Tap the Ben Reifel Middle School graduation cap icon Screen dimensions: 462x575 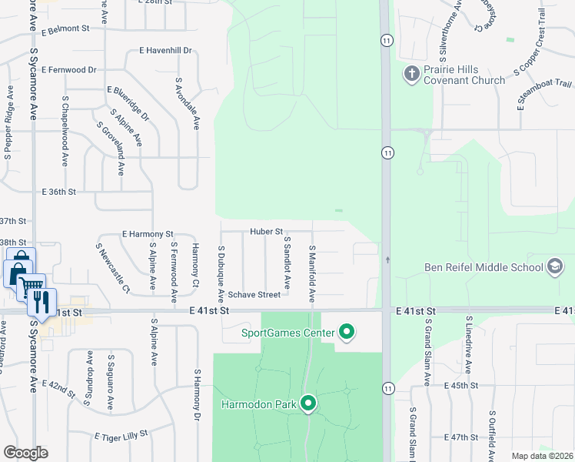pos(554,267)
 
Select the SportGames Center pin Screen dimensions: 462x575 pos(347,333)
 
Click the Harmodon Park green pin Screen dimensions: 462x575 pos(309,403)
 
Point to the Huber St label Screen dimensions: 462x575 pos(267,231)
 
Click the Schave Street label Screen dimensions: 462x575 pos(258,294)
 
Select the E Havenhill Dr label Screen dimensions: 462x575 pos(165,51)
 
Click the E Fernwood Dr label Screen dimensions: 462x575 pos(70,69)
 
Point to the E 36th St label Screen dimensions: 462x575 pos(59,191)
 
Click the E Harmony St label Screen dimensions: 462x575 pos(148,233)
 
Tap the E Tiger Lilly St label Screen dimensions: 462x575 pos(121,436)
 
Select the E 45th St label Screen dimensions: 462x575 pos(461,385)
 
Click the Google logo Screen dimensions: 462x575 pos(25,452)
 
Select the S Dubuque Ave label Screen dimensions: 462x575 pos(221,273)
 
